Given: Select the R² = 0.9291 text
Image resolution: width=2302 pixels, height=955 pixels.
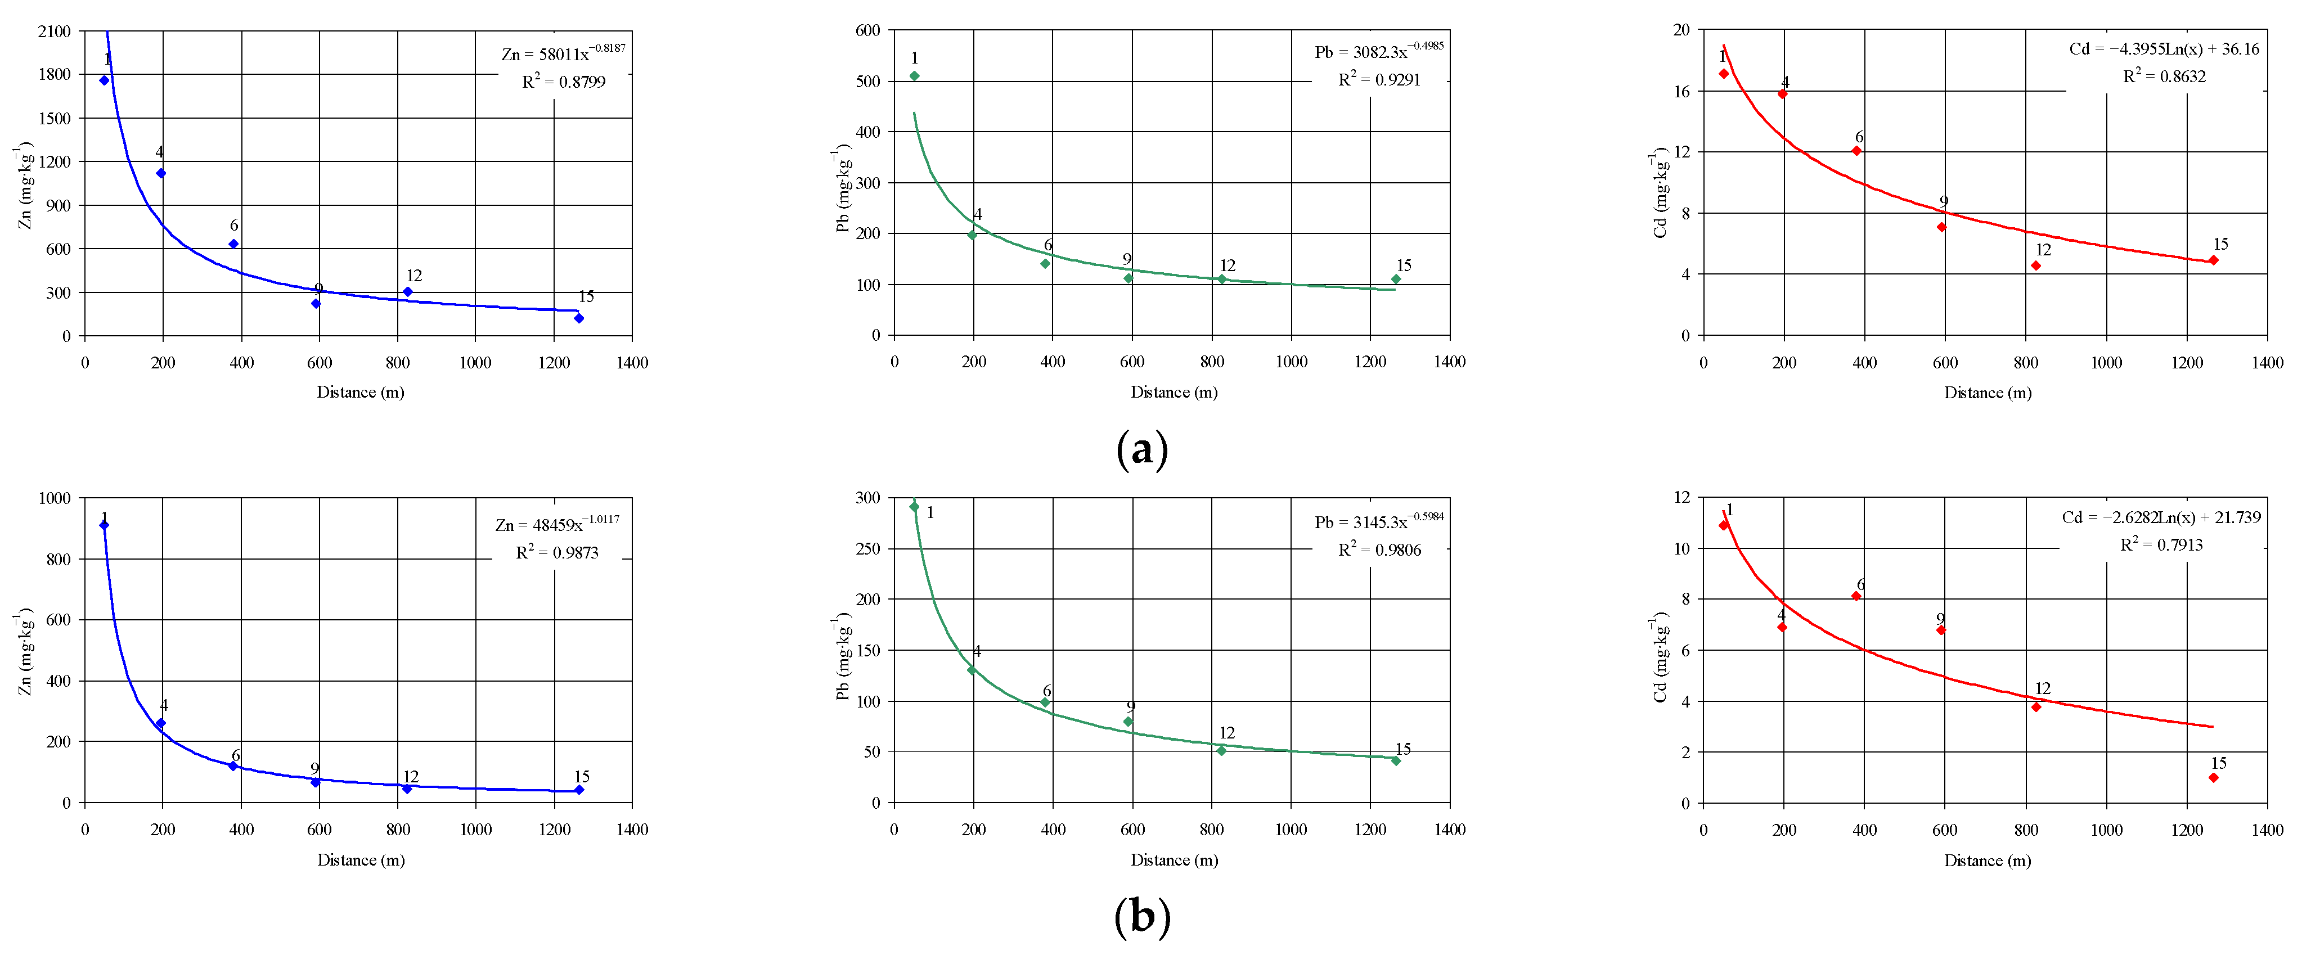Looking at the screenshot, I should pos(1379,79).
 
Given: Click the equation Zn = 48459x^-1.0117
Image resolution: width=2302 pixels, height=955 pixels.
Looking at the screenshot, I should pos(557,524).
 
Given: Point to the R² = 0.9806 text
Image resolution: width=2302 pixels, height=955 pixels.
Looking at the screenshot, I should pos(1379,549).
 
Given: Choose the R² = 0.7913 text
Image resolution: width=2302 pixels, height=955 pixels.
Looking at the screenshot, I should pos(2161,544).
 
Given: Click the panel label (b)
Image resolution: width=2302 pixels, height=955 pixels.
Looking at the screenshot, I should pos(1142,917).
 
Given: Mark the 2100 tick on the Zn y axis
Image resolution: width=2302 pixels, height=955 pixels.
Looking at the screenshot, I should pos(53,31).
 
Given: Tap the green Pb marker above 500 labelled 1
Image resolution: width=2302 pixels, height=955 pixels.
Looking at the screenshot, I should pos(914,76).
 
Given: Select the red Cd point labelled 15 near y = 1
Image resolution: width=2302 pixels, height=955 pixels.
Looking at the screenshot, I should pos(2214,778).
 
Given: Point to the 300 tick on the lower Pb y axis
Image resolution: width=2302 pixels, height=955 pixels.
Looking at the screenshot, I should pos(867,498).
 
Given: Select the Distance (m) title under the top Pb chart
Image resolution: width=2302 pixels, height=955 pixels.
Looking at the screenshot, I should pos(1174,391).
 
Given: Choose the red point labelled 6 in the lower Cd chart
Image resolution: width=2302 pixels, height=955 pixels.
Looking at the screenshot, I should pos(1856,596).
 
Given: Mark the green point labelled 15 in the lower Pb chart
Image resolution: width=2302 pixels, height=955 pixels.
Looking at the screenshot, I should pos(1396,761).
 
